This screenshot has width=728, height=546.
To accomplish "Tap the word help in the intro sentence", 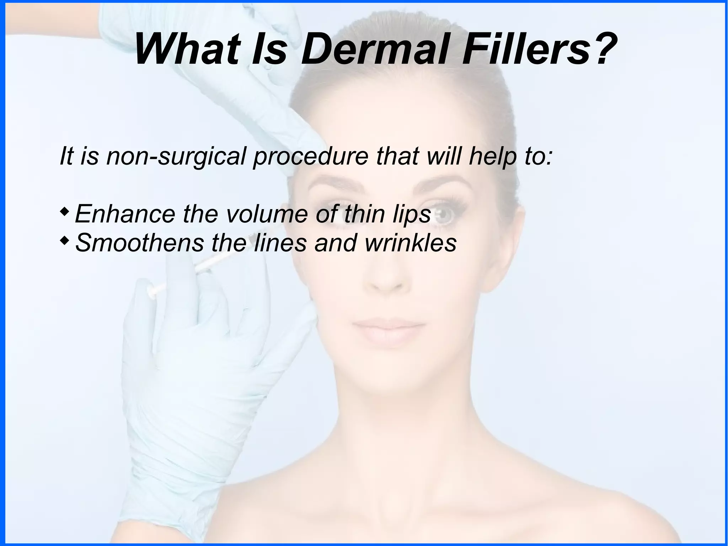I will [492, 157].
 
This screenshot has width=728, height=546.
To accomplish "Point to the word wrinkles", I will [411, 243].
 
